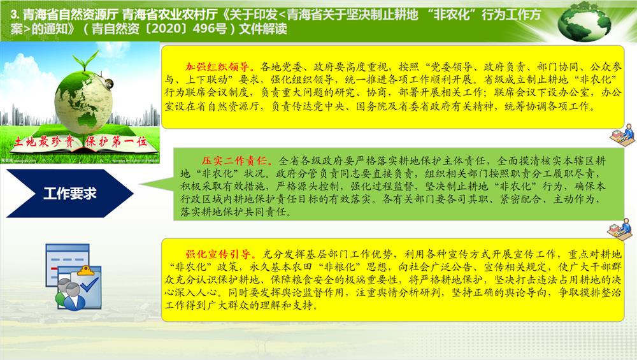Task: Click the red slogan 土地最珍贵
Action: [x=45, y=141]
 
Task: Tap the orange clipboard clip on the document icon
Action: [x=86, y=270]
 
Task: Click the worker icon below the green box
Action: [x=620, y=229]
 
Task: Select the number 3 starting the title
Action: [x=14, y=15]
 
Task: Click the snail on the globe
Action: [x=109, y=83]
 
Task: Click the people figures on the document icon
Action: [x=69, y=293]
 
